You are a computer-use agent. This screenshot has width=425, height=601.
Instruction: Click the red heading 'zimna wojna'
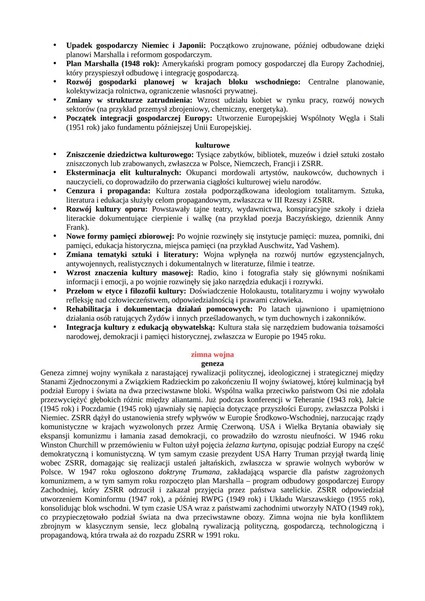click(x=212, y=355)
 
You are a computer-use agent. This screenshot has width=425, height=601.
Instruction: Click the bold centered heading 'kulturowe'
click(x=212, y=146)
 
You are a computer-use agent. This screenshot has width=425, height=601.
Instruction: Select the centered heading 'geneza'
click(x=212, y=364)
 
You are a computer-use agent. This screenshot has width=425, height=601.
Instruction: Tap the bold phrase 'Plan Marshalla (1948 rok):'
click(x=113, y=64)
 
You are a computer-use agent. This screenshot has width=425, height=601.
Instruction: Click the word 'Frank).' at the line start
click(x=78, y=227)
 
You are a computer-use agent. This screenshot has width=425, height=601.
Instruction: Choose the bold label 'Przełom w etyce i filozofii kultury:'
click(x=126, y=291)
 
